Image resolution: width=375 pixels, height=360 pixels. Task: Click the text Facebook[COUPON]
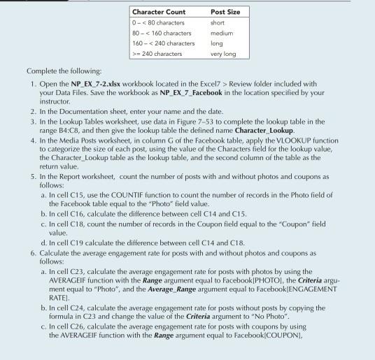(297, 347)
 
